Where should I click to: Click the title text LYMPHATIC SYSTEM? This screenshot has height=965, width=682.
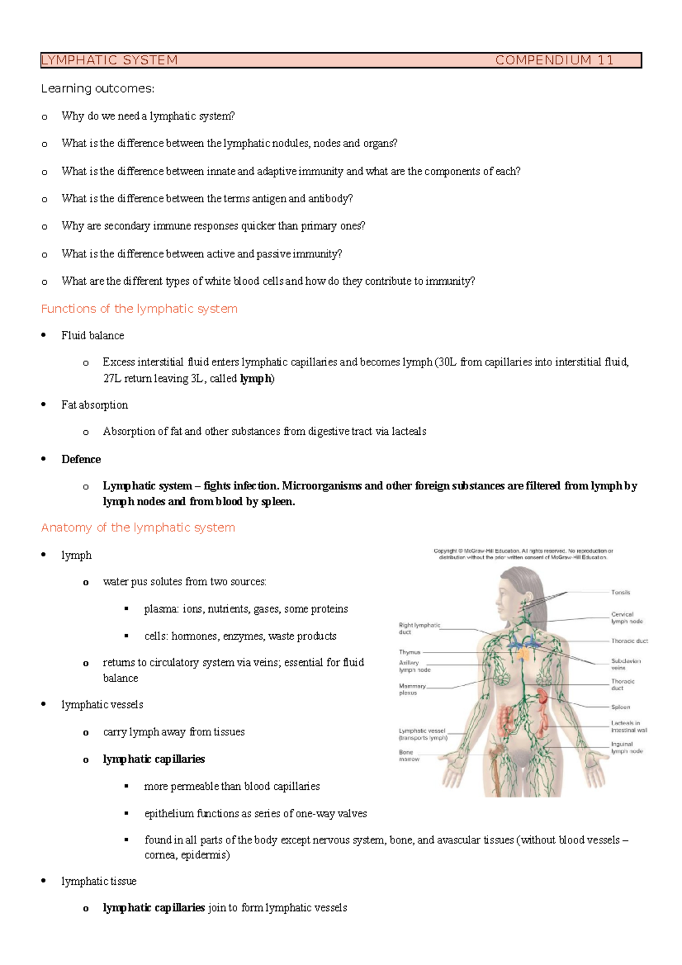(110, 60)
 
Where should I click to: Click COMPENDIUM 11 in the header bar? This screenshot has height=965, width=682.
(554, 60)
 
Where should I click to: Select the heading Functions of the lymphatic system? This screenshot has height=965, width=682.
(139, 309)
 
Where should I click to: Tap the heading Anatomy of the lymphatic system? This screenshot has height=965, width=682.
(138, 527)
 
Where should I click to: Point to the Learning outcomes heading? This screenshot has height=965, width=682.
(98, 89)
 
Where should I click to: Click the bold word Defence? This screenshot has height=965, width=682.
(81, 459)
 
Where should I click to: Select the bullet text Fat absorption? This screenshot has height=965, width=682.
(94, 405)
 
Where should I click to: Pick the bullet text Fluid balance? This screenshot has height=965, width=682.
(93, 335)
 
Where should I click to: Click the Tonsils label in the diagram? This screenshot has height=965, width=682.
(621, 592)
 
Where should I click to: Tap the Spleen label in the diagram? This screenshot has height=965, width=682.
(621, 707)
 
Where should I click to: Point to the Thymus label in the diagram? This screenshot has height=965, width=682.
(410, 652)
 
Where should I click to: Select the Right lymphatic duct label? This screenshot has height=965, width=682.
(419, 628)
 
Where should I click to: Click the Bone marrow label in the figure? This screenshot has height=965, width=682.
(409, 755)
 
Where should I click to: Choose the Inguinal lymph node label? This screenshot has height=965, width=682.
(626, 747)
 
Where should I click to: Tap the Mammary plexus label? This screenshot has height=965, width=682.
(411, 689)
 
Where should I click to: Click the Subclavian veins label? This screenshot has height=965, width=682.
(626, 664)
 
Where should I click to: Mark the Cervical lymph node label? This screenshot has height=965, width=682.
(626, 618)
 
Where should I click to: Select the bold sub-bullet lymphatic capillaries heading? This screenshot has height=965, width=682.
(153, 759)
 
